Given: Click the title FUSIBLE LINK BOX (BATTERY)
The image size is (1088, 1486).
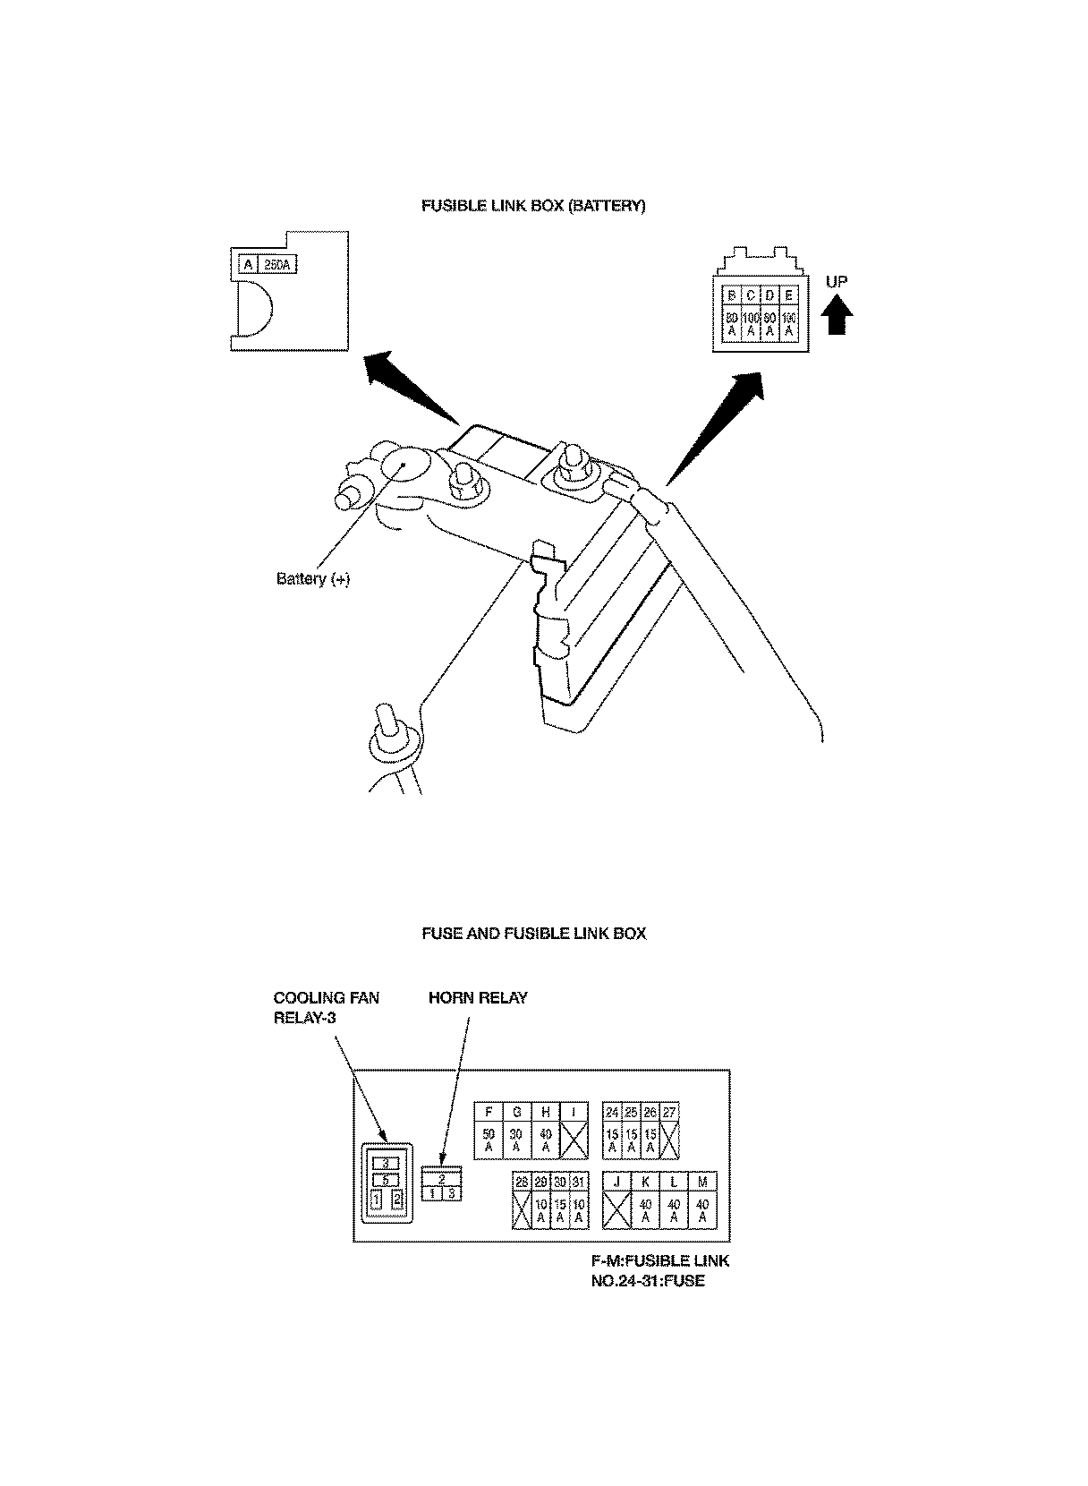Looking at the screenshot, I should [x=533, y=206].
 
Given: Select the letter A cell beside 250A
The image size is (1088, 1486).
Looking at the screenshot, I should [x=247, y=265].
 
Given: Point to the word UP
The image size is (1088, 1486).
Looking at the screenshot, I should [x=837, y=282].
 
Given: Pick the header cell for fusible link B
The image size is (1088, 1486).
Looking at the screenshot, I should [x=731, y=295].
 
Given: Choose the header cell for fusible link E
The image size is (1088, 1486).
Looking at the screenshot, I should [x=789, y=295].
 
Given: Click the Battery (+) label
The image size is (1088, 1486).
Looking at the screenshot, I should [x=313, y=579].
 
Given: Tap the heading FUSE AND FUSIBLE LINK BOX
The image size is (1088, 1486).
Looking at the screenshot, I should [x=533, y=934].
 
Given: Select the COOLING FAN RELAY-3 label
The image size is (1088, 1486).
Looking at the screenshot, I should [x=326, y=1007].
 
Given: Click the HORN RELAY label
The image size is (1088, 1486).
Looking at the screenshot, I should [x=478, y=998].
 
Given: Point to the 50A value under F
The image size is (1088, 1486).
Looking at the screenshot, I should [x=489, y=1140].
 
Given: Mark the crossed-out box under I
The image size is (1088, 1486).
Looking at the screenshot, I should [x=574, y=1140].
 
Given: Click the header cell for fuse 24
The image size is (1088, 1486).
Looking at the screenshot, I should [x=612, y=1112].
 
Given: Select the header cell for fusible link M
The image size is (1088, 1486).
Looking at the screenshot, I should [x=702, y=1183].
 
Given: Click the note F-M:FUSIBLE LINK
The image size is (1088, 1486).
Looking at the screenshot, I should [x=659, y=1261].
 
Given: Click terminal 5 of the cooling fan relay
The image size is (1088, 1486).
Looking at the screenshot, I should [x=386, y=1180].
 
